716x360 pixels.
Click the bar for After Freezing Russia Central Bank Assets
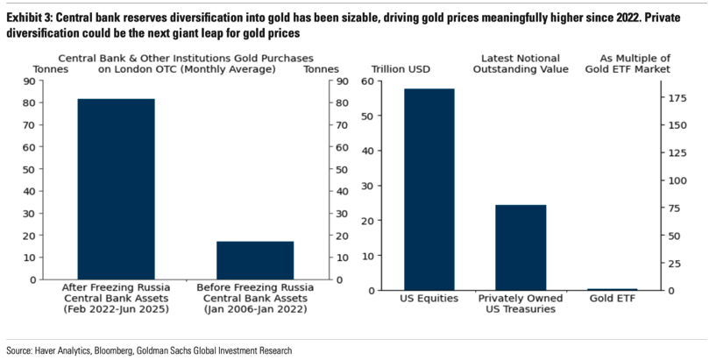[116, 188]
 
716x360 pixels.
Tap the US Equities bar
[429, 188]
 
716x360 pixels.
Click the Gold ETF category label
[613, 299]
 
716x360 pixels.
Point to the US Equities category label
[429, 299]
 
